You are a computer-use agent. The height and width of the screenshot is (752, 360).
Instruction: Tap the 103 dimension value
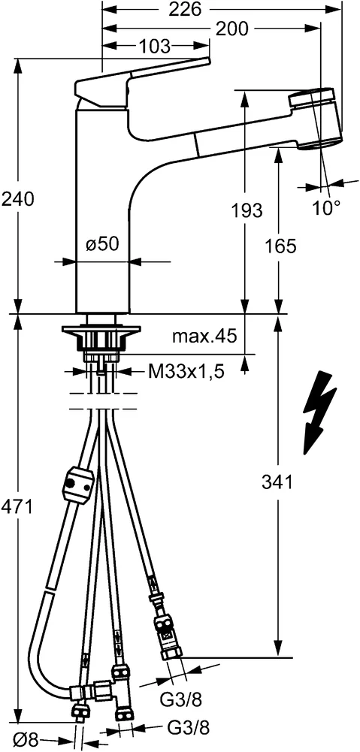[x=155, y=47]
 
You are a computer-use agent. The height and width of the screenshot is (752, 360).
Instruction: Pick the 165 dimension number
[x=280, y=245]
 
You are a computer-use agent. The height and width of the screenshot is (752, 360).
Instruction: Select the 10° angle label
[x=326, y=208]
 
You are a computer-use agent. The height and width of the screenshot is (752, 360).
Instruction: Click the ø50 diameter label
[x=104, y=244]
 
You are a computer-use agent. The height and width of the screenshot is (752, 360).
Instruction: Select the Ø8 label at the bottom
[x=29, y=740]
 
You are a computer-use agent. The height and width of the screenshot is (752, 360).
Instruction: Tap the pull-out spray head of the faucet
[x=316, y=119]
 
